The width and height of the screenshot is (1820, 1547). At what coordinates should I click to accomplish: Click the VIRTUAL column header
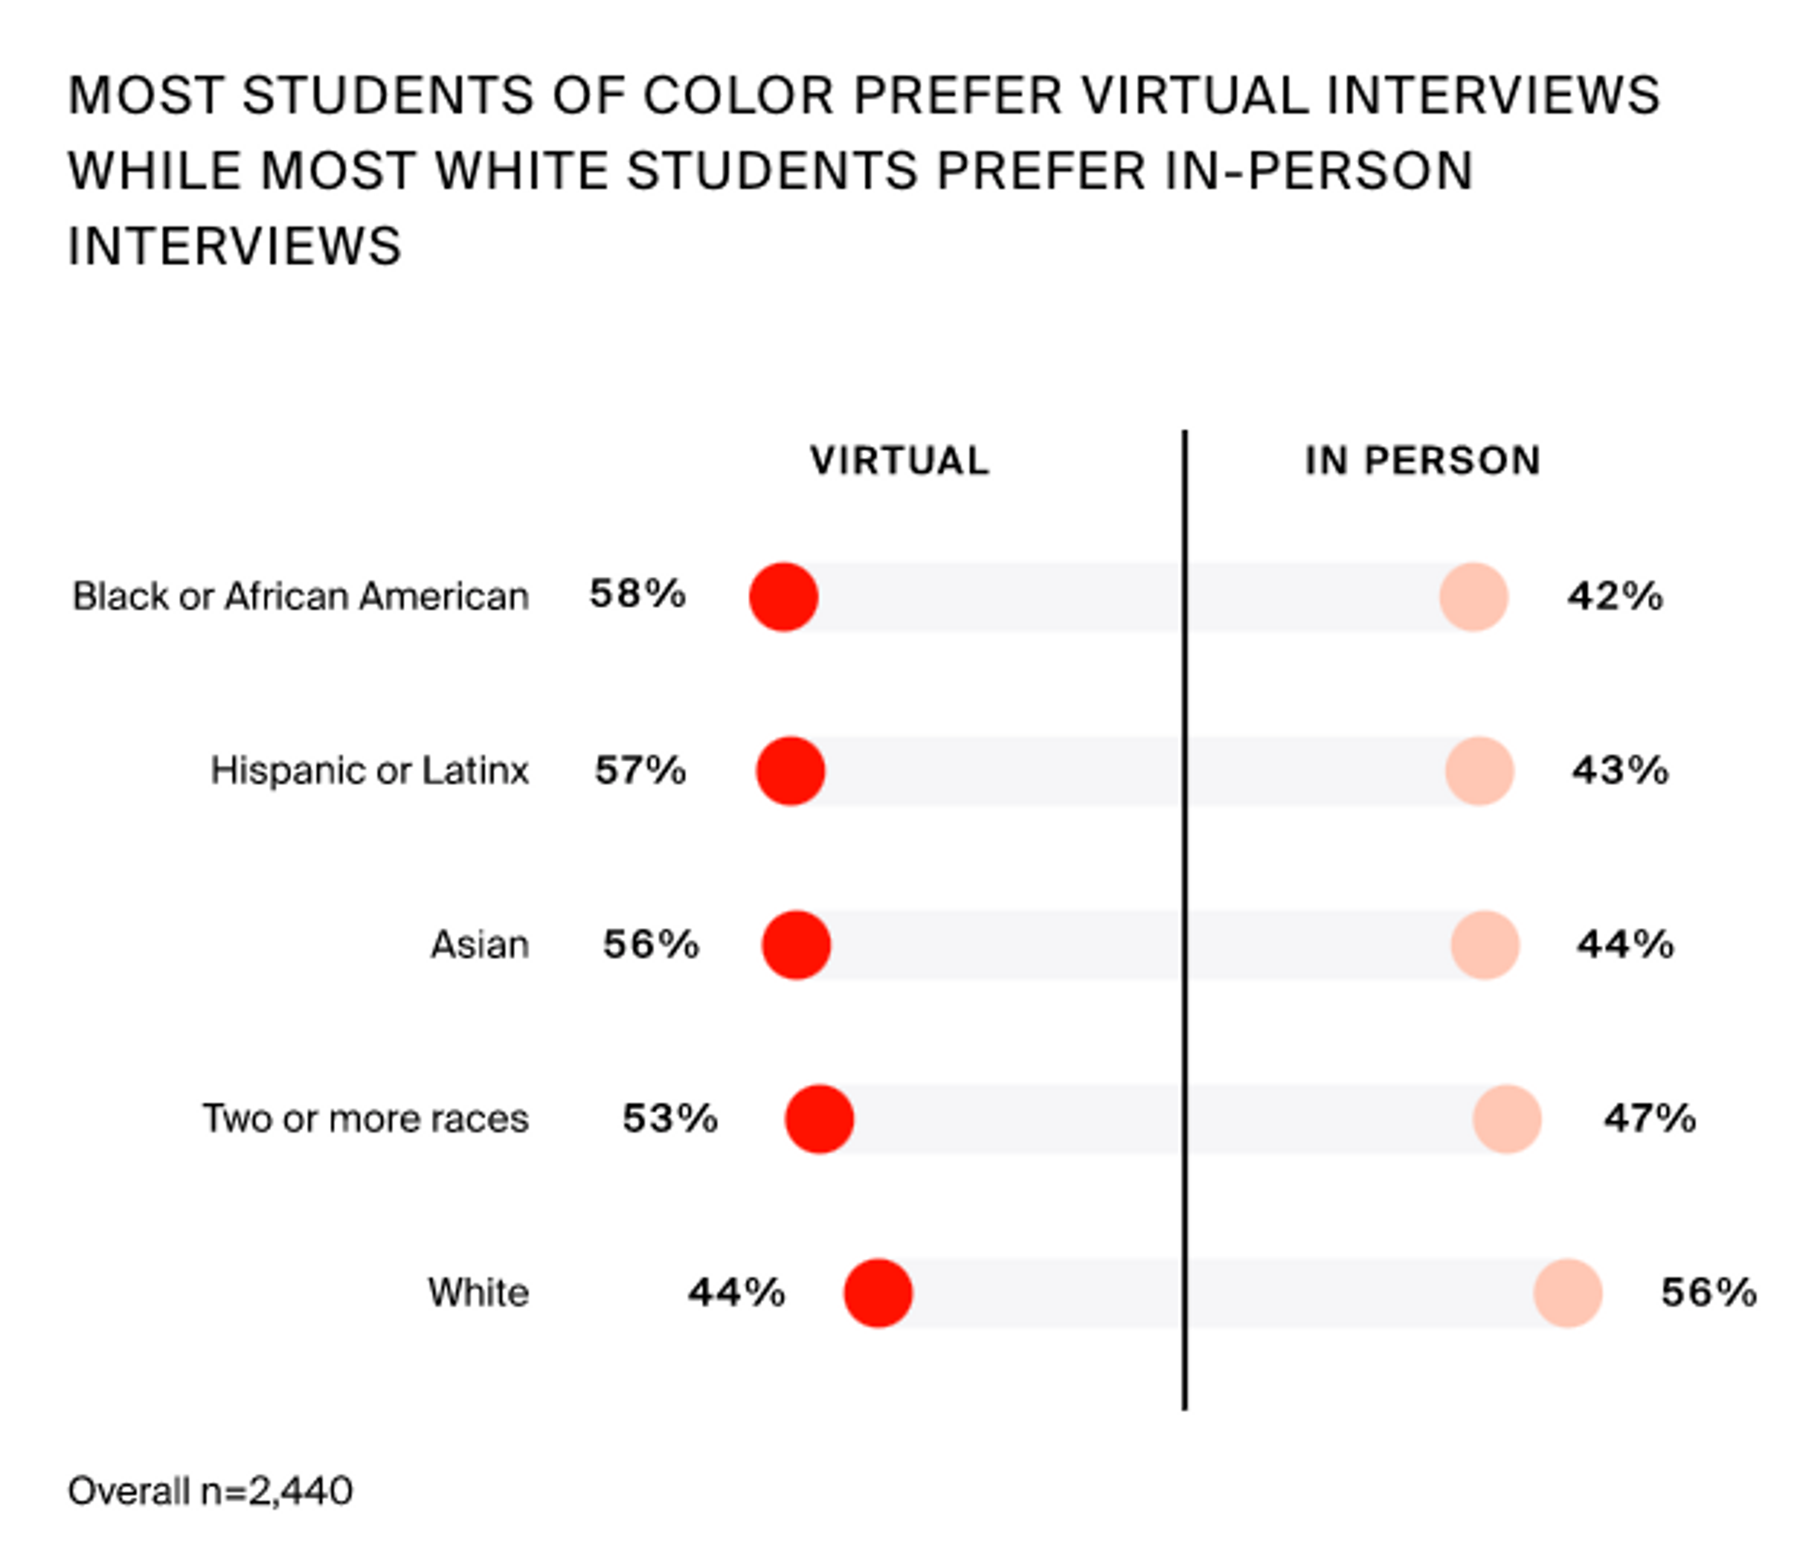coord(899,460)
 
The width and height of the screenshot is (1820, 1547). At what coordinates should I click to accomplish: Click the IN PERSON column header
coord(1422,460)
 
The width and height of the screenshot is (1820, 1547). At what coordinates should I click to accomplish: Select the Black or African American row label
coord(300,596)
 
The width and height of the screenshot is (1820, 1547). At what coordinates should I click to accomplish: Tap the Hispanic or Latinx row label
coord(369,771)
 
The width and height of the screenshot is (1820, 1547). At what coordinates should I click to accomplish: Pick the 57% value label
coord(640,771)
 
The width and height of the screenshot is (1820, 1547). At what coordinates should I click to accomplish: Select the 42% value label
coord(1615,596)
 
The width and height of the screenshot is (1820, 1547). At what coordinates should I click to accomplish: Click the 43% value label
coord(1619,771)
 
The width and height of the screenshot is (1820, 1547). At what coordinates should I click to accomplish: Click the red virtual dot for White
coord(878,1292)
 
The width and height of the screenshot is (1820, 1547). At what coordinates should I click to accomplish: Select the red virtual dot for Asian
coord(795,945)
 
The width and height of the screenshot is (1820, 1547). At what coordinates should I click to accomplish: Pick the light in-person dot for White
coord(1567,1292)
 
